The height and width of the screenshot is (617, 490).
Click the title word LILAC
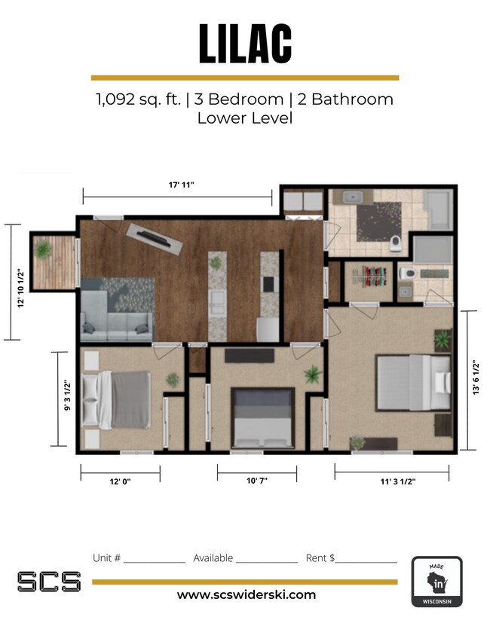(245, 44)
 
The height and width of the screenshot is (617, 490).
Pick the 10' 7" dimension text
(256, 480)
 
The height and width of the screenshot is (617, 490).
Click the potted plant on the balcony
(43, 247)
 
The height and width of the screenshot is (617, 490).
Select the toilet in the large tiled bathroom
(396, 243)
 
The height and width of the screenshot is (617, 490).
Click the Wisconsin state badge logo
(436, 582)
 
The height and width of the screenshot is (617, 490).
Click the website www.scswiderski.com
(246, 594)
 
